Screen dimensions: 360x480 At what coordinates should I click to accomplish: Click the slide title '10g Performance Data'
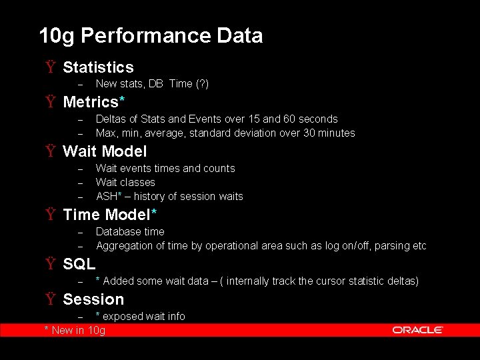pyautogui.click(x=151, y=35)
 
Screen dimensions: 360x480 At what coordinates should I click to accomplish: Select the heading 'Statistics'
pyautogui.click(x=98, y=67)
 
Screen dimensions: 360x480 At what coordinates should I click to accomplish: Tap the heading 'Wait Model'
pyautogui.click(x=105, y=151)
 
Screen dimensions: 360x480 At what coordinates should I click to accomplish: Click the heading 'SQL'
pyautogui.click(x=79, y=264)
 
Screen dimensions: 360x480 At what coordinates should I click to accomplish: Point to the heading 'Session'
pyautogui.click(x=93, y=299)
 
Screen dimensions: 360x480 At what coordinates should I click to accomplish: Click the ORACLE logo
pyautogui.click(x=418, y=330)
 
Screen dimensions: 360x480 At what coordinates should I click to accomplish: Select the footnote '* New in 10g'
pyautogui.click(x=75, y=330)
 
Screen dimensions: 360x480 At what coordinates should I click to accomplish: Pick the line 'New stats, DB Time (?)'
pyautogui.click(x=152, y=84)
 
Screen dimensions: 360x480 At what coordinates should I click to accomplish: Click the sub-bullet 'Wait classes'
pyautogui.click(x=125, y=182)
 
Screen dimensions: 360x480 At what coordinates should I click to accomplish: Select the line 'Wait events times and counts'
pyautogui.click(x=165, y=168)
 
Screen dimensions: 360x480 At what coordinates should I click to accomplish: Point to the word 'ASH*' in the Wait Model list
pyautogui.click(x=107, y=196)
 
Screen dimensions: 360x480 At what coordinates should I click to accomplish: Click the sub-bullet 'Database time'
pyautogui.click(x=130, y=231)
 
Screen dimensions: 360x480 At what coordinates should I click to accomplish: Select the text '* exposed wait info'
pyautogui.click(x=141, y=316)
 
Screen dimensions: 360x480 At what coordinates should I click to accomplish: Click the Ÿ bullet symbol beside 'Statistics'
pyautogui.click(x=51, y=67)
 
